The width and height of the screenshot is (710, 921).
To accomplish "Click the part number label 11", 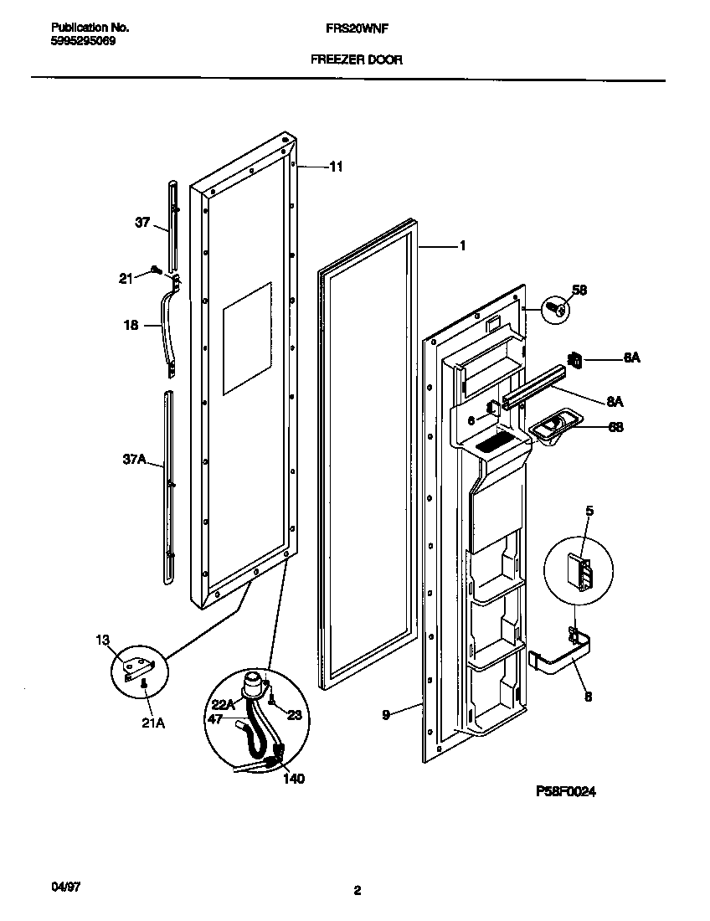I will coord(336,167).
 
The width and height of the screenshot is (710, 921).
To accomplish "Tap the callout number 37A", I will coord(134,460).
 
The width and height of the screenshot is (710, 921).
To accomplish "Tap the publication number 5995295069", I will coord(78,39).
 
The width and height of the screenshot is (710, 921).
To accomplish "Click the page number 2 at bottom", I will coord(357,892).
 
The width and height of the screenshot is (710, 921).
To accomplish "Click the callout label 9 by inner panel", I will coord(386,714).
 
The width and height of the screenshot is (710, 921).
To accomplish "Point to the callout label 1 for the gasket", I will coord(461,246).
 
